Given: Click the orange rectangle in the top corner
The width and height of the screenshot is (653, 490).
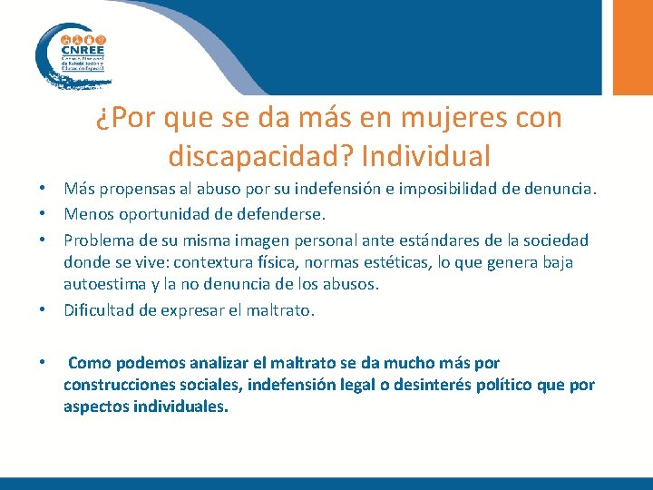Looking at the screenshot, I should click(633, 45).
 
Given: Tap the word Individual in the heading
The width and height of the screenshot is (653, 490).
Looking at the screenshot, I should click(425, 156).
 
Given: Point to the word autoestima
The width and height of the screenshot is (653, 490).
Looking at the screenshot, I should click(101, 285).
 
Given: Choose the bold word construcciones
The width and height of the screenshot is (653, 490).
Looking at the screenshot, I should click(120, 385).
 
